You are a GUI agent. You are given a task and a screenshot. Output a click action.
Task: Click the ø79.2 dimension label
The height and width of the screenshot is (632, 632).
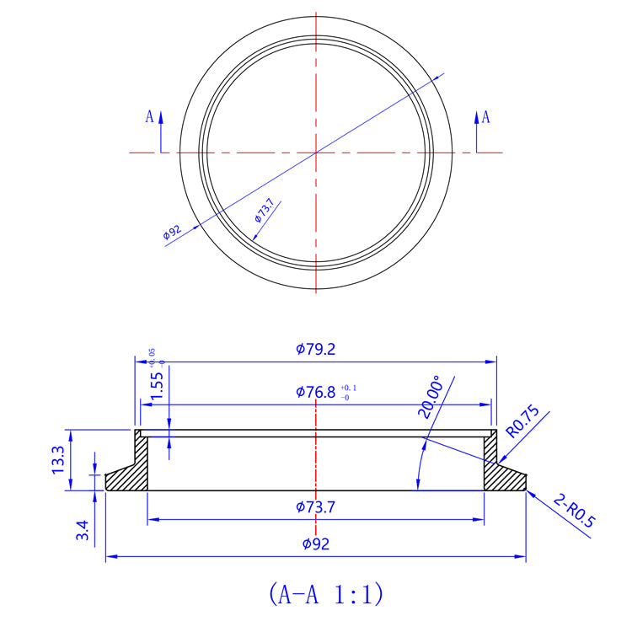point(316,349)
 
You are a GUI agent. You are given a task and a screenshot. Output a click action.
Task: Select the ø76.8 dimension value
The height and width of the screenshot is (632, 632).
point(316,392)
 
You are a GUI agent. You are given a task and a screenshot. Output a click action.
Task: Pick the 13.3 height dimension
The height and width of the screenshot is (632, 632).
point(58,459)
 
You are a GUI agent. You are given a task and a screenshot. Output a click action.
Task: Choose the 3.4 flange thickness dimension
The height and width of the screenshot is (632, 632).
point(82,531)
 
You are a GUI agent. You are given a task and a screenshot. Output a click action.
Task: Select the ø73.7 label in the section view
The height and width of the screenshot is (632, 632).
point(316,506)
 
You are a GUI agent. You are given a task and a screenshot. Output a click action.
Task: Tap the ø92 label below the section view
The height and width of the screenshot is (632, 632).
point(316,544)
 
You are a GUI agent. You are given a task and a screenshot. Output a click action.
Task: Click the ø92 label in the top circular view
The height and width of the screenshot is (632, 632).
point(173,232)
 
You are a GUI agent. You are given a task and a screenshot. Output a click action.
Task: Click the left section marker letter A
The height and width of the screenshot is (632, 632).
point(149,116)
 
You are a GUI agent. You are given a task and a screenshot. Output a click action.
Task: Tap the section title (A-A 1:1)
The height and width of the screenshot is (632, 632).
point(326,594)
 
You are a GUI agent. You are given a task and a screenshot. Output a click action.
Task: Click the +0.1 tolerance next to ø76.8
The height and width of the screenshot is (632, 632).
point(349,388)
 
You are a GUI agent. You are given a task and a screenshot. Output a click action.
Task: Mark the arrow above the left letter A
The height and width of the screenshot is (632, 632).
point(160,118)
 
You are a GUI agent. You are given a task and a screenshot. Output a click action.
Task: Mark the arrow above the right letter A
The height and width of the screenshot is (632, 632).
point(476,118)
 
